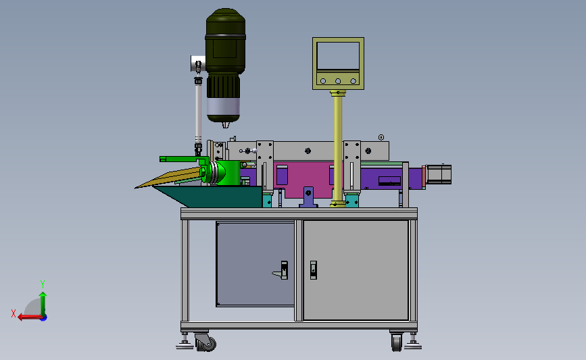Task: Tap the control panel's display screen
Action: point(338,55)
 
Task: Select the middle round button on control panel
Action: point(338,81)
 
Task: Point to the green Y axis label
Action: point(43,284)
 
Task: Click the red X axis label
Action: point(14,313)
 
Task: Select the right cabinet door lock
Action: point(313,270)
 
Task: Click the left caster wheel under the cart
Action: point(205,342)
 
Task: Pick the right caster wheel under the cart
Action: point(397,342)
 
